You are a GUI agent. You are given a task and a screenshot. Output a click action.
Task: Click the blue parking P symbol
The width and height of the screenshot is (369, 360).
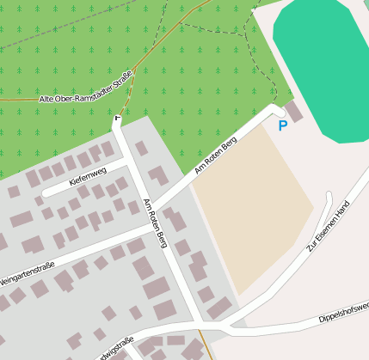[282, 126]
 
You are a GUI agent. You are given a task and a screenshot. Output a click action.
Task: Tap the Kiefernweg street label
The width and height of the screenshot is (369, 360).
[87, 172]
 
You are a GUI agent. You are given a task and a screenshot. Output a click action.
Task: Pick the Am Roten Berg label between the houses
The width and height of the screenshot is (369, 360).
[156, 223]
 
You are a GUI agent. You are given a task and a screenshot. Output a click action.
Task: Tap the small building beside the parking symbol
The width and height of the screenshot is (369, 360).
[294, 111]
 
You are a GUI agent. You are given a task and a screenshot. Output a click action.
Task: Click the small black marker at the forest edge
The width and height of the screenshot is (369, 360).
[118, 115]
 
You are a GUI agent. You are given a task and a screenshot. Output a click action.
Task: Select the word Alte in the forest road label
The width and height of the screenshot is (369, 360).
[46, 100]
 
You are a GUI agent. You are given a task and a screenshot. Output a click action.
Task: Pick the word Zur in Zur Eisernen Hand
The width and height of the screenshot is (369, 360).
[312, 246]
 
